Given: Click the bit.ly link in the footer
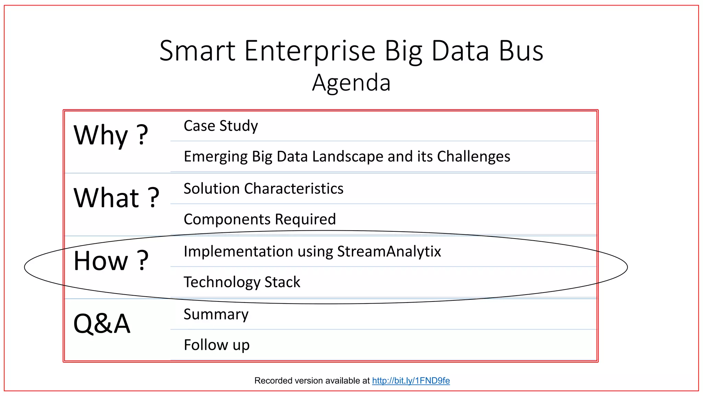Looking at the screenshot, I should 411,381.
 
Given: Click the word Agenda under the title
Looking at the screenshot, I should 351,83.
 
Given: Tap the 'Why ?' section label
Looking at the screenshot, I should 111,135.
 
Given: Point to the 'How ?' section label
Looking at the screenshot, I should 111,261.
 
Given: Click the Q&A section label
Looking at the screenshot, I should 102,323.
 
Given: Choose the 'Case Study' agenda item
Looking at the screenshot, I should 221,126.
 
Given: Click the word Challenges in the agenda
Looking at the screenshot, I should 473,157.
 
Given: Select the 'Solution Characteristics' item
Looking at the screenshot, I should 263,189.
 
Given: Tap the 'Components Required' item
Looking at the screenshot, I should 260,219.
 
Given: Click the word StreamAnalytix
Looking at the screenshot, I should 389,251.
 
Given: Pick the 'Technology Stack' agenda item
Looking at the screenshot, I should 242,282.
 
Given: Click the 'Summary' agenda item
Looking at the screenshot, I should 216,314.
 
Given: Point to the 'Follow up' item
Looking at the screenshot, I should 217,345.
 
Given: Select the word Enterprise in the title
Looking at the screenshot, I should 310,51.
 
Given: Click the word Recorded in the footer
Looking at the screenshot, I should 271,381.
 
